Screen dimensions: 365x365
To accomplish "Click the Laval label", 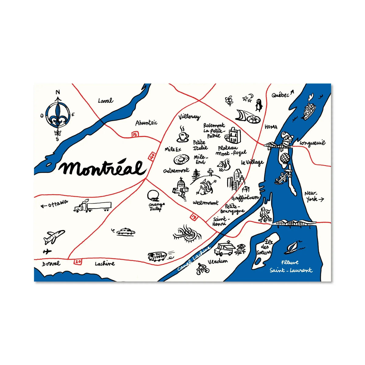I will [106, 100].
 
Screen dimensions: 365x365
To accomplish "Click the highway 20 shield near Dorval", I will [78, 261].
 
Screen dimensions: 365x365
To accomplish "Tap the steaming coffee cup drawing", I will [182, 134].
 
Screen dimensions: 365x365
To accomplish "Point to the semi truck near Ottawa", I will [92, 207].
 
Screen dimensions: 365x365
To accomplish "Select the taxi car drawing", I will [125, 231].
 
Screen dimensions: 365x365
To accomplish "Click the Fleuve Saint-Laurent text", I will [290, 266].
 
